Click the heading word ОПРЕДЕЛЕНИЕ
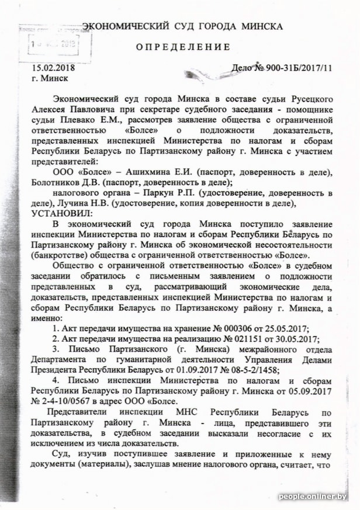click(183, 47)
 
